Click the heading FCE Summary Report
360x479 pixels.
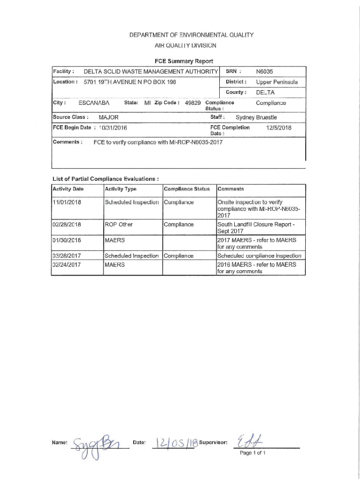pyautogui.click(x=184, y=61)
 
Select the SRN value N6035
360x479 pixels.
pyautogui.click(x=264, y=72)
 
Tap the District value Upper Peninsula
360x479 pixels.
pyautogui.click(x=277, y=82)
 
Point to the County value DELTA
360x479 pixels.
pyautogui.click(x=265, y=92)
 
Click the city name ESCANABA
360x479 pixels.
pyautogui.click(x=94, y=103)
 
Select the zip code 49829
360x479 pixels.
pyautogui.click(x=194, y=103)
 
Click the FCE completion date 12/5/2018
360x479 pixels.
pyautogui.click(x=278, y=127)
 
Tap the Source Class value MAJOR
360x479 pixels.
pyautogui.click(x=108, y=117)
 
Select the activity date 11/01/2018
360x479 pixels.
pyautogui.click(x=67, y=202)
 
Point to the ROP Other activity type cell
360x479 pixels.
pyautogui.click(x=119, y=225)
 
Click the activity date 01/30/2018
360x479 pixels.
pyautogui.click(x=67, y=240)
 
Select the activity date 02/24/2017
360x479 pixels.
pyautogui.click(x=67, y=265)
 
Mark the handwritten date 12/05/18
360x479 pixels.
pyautogui.click(x=171, y=442)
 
